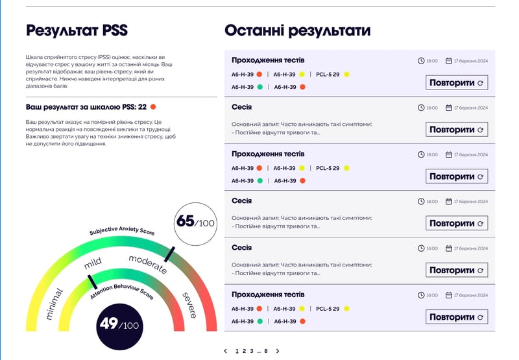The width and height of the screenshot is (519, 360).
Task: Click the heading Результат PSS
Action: (x=77, y=30)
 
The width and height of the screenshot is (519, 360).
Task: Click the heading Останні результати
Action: (x=297, y=30)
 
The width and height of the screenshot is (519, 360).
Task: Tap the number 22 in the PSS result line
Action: (x=142, y=106)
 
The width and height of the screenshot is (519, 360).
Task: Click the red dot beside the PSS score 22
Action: (x=153, y=106)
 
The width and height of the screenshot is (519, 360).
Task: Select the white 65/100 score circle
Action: (x=195, y=222)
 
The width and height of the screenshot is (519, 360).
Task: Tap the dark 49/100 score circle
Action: (x=120, y=324)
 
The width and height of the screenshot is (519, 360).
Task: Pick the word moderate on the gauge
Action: (x=147, y=264)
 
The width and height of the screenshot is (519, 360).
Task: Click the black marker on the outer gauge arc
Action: (x=169, y=254)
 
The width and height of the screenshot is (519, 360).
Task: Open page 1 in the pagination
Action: (x=236, y=351)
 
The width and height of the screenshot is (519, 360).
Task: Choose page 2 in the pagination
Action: (x=243, y=351)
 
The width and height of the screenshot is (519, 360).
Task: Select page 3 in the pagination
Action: (x=250, y=351)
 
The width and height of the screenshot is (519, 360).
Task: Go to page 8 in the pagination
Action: (x=265, y=351)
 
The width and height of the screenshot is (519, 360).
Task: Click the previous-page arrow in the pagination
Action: (x=225, y=351)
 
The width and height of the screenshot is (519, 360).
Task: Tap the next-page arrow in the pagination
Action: (x=278, y=351)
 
